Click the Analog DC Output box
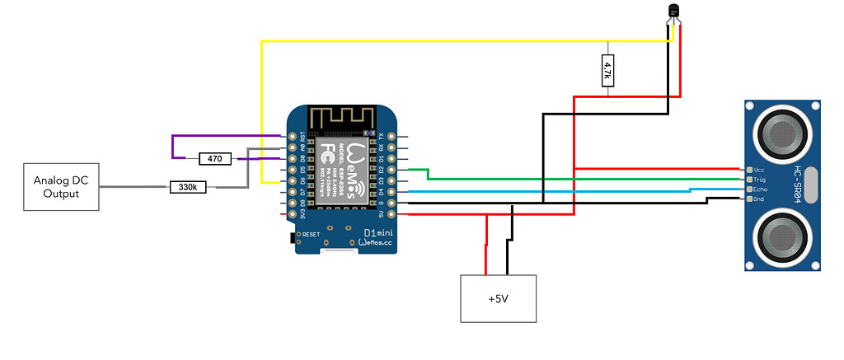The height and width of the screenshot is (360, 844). [56, 187]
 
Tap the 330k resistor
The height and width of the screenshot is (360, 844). [189, 188]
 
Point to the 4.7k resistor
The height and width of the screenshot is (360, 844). [607, 69]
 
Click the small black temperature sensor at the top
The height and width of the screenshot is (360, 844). [674, 11]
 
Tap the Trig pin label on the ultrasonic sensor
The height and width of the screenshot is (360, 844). [761, 179]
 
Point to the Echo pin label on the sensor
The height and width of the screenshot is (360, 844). [761, 189]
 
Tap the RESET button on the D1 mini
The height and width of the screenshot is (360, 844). [294, 236]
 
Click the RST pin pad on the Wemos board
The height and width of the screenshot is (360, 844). [291, 135]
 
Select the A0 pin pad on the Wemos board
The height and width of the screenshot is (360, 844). [291, 147]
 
